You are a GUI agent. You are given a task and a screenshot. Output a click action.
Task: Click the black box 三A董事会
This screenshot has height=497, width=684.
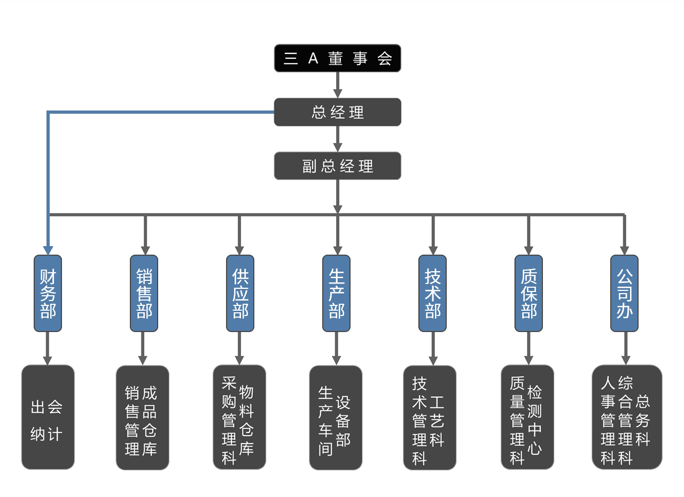pyautogui.click(x=337, y=58)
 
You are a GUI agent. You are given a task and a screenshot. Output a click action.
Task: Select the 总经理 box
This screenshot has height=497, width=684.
pyautogui.click(x=337, y=112)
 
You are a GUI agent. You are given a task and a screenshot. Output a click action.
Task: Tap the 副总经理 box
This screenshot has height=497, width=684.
pyautogui.click(x=337, y=166)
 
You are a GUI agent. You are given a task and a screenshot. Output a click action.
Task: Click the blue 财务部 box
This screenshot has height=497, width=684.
pyautogui.click(x=48, y=293)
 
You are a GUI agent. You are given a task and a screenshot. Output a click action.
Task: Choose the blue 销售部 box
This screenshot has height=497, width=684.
pyautogui.click(x=144, y=293)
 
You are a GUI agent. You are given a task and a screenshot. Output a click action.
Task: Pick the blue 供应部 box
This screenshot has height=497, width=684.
pyautogui.click(x=240, y=293)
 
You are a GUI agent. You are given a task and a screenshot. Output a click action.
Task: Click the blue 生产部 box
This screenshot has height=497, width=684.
pyautogui.click(x=336, y=293)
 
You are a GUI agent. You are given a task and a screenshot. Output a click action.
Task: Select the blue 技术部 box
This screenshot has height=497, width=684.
pyautogui.click(x=432, y=293)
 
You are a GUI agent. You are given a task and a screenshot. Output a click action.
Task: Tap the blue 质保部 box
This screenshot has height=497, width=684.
pyautogui.click(x=528, y=293)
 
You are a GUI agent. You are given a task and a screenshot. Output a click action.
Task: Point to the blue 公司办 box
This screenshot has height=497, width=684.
pyautogui.click(x=624, y=293)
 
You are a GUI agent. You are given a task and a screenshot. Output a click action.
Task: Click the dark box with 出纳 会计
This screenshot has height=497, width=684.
pyautogui.click(x=48, y=417)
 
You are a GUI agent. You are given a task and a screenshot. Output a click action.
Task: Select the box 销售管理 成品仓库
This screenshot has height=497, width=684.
pyautogui.click(x=142, y=417)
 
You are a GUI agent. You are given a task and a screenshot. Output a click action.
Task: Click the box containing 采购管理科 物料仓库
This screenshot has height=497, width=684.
pyautogui.click(x=239, y=417)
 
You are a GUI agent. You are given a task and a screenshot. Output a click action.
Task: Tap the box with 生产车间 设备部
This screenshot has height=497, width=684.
pyautogui.click(x=336, y=417)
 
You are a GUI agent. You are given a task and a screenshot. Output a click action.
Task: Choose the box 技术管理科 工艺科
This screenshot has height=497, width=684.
pyautogui.click(x=430, y=417)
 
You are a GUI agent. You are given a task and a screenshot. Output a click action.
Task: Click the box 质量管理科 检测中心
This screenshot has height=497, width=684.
pyautogui.click(x=527, y=417)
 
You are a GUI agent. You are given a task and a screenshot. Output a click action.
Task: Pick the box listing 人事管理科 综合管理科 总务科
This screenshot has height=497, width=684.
pyautogui.click(x=626, y=417)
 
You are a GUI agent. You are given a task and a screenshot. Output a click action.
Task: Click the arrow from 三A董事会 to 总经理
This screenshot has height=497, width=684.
pyautogui.click(x=337, y=85)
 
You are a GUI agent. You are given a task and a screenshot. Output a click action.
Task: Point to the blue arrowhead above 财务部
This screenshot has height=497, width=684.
pyautogui.click(x=48, y=250)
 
